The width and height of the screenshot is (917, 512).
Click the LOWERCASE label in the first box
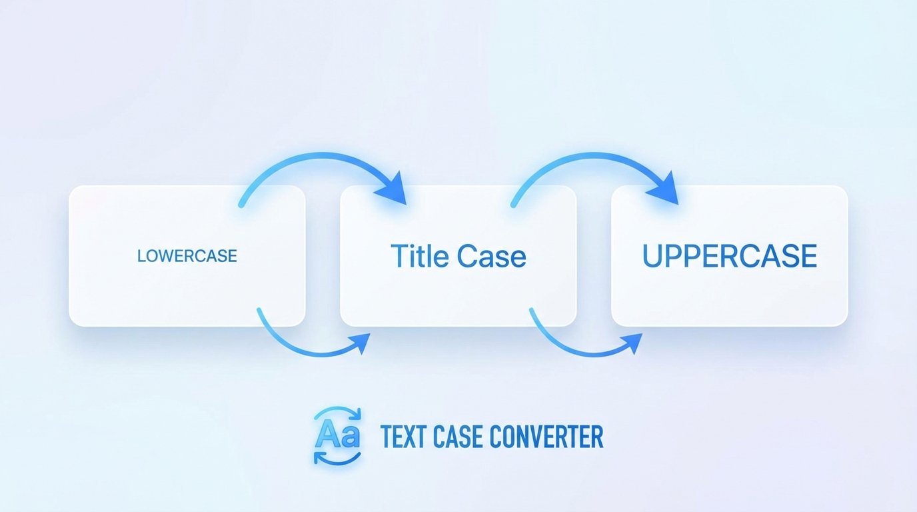point(187,256)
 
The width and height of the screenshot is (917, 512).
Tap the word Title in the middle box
point(418,256)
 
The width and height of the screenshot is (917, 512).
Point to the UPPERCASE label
point(729,257)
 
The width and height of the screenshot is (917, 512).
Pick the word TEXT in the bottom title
point(402,437)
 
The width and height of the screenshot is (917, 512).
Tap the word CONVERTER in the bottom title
point(546,437)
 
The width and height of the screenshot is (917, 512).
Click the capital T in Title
point(399,256)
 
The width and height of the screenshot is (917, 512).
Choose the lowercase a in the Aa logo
point(349,437)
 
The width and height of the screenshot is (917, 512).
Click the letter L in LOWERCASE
point(141,256)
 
